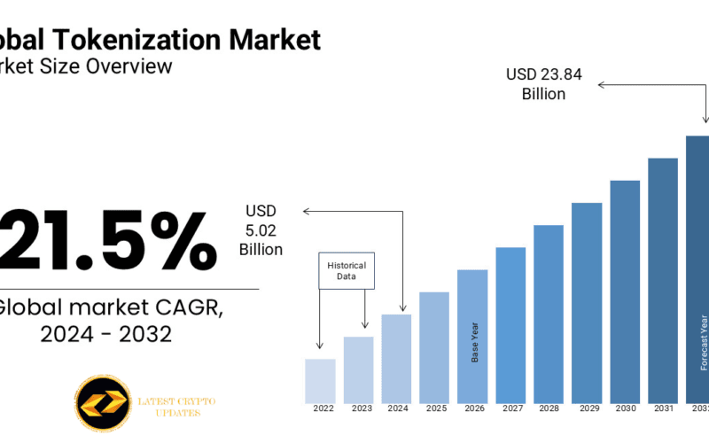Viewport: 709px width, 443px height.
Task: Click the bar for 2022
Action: point(320,380)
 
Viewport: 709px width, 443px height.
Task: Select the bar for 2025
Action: point(434,346)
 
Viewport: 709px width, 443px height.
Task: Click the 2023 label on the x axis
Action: point(362,408)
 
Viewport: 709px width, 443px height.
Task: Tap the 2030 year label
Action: point(625,408)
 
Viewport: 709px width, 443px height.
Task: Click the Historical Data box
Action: point(347,271)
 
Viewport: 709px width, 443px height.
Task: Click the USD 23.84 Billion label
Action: point(544,84)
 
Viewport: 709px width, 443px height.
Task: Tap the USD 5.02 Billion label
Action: point(261,230)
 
